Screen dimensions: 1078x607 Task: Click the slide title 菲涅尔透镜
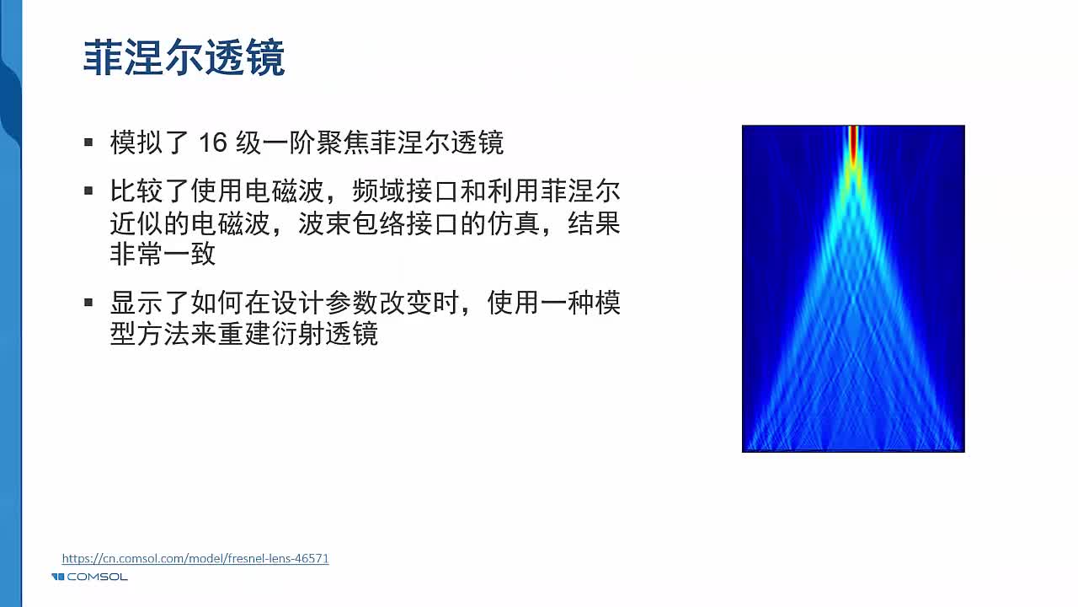point(184,58)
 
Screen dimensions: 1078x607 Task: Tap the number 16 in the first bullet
point(213,142)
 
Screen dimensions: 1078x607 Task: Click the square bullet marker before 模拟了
point(88,142)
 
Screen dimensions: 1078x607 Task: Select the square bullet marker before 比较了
point(88,191)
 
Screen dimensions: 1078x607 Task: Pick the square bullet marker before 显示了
point(88,303)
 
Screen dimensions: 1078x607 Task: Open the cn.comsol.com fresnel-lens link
point(195,558)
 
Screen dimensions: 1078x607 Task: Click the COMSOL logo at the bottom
point(89,577)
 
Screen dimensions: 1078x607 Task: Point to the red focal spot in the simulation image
point(853,144)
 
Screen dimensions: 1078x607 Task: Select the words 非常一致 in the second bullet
point(163,254)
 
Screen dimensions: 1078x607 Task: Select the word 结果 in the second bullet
point(594,224)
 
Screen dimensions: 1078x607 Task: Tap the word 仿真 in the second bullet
point(514,224)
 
